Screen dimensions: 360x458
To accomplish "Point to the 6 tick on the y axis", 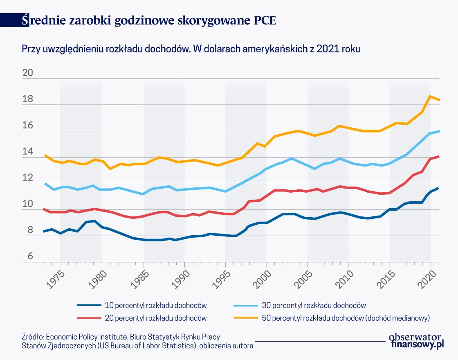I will pos(30,256).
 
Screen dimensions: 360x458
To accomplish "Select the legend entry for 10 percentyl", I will pos(155,305).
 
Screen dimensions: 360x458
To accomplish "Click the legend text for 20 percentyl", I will pos(155,318).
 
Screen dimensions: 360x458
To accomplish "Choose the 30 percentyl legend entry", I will pos(314,305).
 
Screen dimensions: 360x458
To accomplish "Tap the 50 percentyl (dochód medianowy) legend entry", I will pos(346,318).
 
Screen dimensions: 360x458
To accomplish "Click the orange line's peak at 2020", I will pos(430,96).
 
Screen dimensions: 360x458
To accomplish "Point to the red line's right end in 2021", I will pos(439,156).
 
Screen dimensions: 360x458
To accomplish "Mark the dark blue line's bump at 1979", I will pos(94,221).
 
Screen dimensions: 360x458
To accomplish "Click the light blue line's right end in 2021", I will pos(439,131).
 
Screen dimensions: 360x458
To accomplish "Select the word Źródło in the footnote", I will pos(32,337).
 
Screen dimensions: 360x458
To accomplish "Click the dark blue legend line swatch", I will pos(89,305).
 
